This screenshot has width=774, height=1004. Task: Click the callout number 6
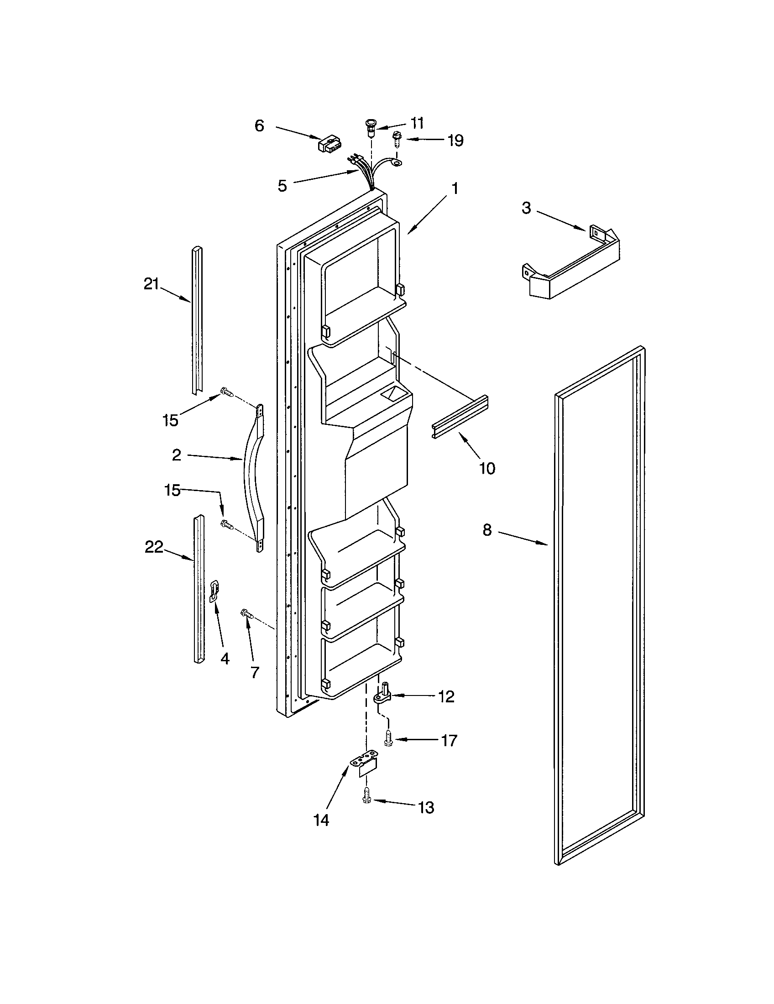(x=260, y=125)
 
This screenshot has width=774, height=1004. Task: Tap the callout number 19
(x=456, y=140)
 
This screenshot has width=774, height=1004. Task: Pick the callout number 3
(x=526, y=208)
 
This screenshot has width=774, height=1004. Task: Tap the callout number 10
(x=487, y=468)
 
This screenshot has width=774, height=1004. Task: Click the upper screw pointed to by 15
(x=227, y=392)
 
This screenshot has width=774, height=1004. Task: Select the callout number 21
(x=151, y=284)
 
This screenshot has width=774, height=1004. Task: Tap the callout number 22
(x=154, y=547)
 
